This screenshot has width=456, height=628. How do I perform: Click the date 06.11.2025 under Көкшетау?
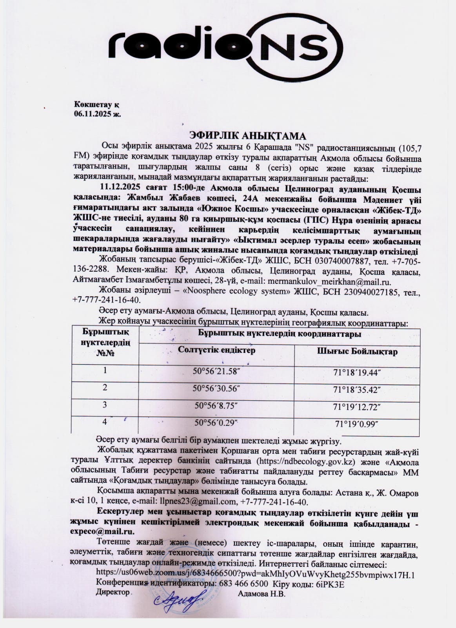98,114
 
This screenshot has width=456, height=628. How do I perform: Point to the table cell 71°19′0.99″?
357,424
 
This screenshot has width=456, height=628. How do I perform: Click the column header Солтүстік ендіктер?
216,350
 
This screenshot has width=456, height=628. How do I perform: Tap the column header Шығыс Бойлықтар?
357,351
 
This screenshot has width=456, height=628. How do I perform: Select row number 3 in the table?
105,405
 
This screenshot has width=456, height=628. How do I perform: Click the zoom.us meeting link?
255,575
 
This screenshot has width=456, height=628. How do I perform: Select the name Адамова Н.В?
262,594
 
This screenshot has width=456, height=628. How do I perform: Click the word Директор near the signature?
113,592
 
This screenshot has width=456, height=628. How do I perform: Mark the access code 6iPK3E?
330,584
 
